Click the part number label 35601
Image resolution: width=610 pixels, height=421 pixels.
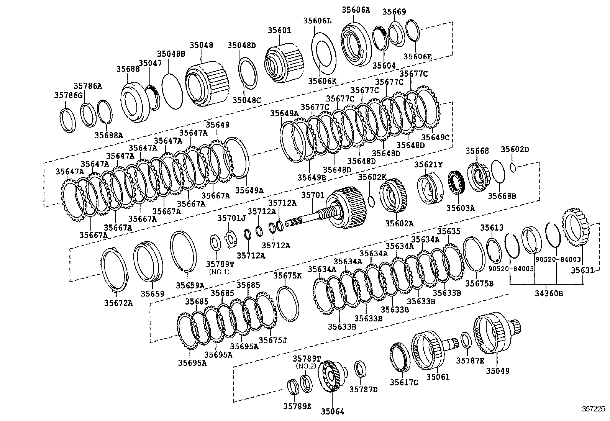click(279, 30)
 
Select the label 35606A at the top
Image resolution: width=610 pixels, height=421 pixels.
click(356, 10)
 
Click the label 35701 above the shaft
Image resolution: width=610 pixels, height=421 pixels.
click(312, 195)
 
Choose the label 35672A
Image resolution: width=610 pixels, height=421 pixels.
click(118, 303)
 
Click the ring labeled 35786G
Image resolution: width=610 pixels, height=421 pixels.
click(68, 120)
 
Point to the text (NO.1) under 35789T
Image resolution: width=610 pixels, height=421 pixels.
click(219, 272)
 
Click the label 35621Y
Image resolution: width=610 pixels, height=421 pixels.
click(428, 165)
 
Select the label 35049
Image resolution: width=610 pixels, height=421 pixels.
click(498, 370)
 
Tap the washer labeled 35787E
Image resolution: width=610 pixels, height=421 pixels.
click(466, 340)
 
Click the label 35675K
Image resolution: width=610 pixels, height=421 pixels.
click(288, 275)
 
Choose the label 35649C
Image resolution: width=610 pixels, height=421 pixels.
click(435, 137)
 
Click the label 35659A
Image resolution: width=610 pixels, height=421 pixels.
click(190, 285)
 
